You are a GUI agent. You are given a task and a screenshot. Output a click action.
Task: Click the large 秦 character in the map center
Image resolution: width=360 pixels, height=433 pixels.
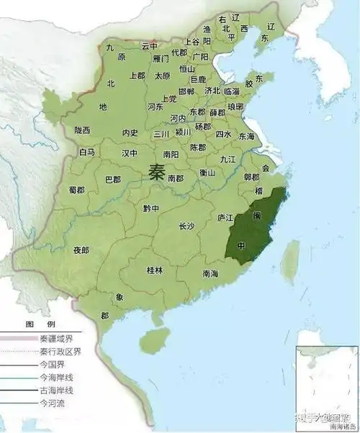point(157,172)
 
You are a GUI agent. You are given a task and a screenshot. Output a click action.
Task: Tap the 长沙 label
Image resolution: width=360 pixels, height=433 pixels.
point(186,226)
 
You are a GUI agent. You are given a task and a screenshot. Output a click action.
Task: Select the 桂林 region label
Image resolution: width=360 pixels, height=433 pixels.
point(155,270)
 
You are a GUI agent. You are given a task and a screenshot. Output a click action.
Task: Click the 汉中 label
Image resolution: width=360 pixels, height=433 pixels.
point(130,153)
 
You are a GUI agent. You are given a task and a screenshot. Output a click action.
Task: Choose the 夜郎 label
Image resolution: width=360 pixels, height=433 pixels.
point(81,250)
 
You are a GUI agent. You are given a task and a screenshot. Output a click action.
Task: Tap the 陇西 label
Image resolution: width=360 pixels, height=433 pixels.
point(82,130)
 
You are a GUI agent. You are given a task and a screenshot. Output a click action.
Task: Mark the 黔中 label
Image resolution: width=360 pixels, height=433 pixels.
point(150,208)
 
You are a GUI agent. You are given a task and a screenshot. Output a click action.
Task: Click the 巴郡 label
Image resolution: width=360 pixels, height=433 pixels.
point(113,179)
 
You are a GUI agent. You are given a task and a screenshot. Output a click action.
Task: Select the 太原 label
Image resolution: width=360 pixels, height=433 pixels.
point(163,76)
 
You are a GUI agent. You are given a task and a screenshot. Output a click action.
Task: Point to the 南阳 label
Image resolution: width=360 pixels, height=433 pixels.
point(171,154)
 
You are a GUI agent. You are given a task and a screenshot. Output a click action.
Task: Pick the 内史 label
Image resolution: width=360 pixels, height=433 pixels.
point(130,132)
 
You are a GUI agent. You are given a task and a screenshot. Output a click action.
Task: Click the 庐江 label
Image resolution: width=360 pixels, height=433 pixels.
point(225,217)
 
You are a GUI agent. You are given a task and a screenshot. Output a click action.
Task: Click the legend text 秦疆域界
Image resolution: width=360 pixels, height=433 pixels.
point(49,339)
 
